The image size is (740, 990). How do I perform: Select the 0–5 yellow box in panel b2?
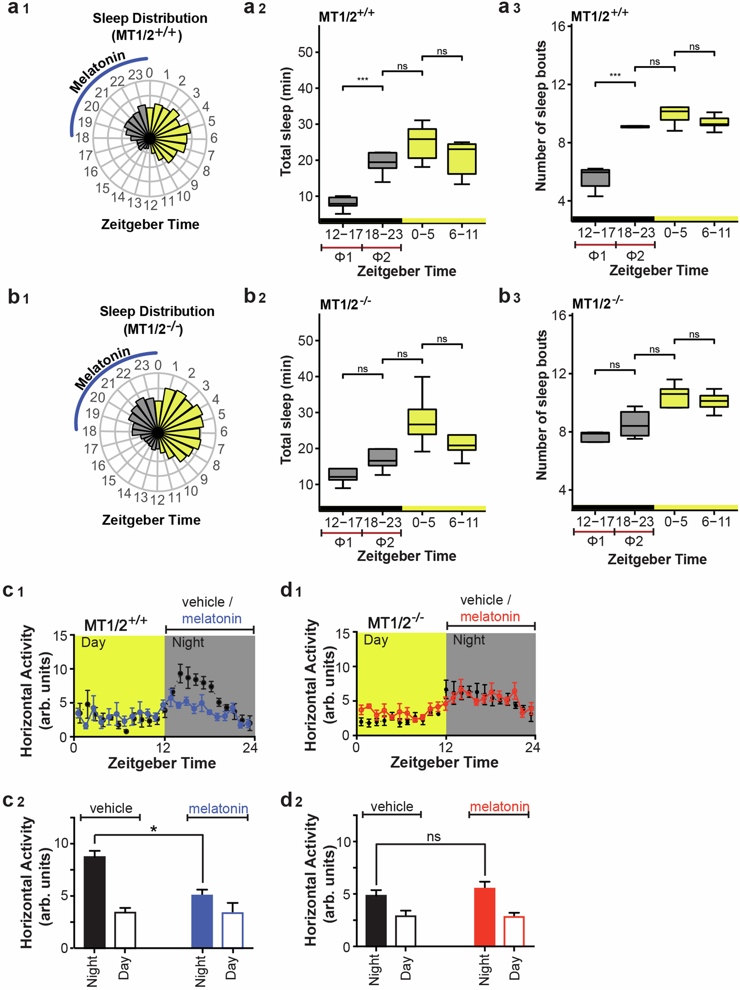point(422,422)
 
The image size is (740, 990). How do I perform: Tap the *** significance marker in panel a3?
point(615,75)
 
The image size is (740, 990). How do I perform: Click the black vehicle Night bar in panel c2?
point(94,902)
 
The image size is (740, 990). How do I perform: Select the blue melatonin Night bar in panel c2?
point(202,921)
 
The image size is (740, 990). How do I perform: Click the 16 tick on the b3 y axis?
point(559,316)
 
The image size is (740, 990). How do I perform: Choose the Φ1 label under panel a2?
point(343,257)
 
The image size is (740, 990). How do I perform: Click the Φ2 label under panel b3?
point(633,541)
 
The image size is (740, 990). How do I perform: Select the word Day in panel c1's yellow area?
point(93,642)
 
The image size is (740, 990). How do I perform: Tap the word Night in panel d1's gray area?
point(469,640)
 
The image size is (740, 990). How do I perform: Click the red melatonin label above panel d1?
point(490,616)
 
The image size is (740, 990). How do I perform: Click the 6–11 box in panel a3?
point(714,122)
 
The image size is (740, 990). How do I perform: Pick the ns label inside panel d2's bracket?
point(433,836)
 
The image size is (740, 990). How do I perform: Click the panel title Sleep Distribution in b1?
point(156,311)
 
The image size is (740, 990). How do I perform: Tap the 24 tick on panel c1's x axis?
point(249,747)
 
